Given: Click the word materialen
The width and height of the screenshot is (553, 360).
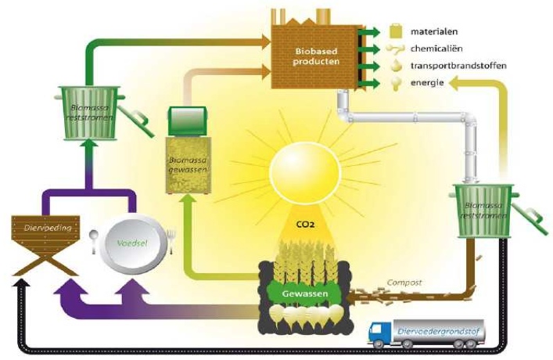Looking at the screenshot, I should [431, 32].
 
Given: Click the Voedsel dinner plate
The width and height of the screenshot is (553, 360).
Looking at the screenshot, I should [132, 245].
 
